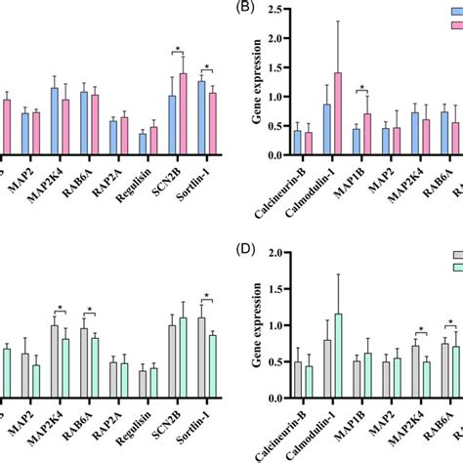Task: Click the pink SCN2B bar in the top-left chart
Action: (182, 113)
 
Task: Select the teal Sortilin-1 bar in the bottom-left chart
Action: (212, 366)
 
